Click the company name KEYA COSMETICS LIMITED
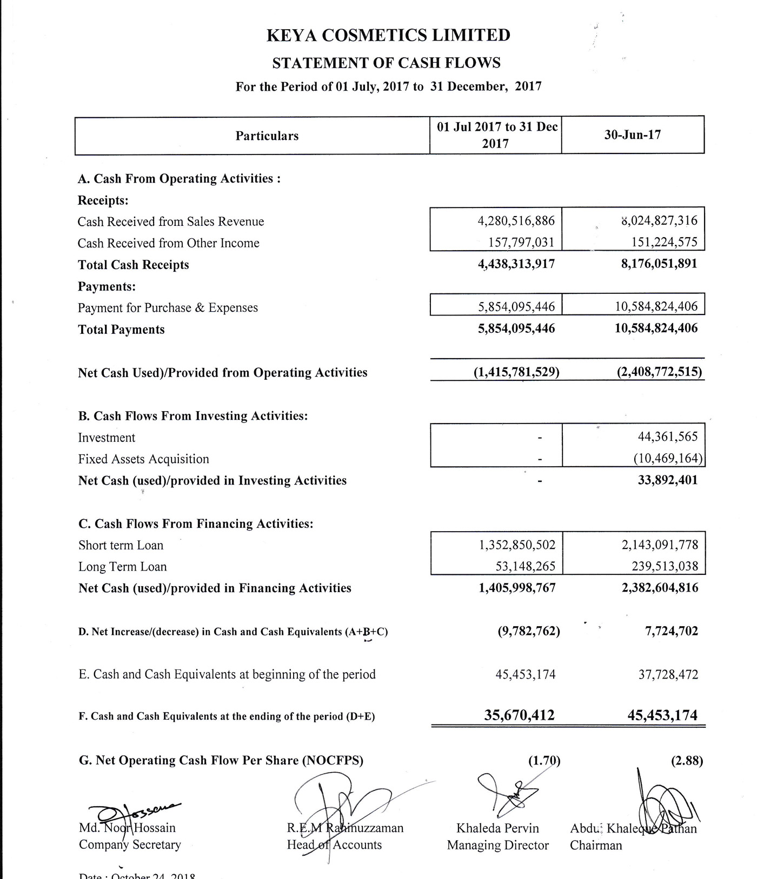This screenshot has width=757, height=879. tap(388, 35)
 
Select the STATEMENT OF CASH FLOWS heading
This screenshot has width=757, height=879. tap(386, 63)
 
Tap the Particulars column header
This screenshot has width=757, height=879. tap(267, 136)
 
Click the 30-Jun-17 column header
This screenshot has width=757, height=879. tap(632, 135)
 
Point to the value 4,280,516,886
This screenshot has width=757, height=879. tap(516, 221)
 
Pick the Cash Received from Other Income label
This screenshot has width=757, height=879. tap(168, 243)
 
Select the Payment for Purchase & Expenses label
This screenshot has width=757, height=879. tap(168, 307)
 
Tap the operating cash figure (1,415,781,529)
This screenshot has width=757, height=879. tap(516, 372)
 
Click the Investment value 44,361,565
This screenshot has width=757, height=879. tap(668, 437)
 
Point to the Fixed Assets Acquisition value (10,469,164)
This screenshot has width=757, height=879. tap(668, 459)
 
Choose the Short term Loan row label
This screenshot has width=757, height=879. tap(121, 545)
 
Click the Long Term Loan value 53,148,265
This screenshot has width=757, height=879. tap(525, 566)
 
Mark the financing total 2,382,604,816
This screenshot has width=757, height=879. tap(660, 588)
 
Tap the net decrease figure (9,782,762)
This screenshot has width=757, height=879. tap(528, 631)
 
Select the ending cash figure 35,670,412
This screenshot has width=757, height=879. tap(519, 715)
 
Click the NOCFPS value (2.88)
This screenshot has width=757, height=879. tap(687, 761)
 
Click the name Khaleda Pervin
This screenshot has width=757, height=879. tap(497, 828)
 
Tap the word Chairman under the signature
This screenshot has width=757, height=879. tap(596, 845)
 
